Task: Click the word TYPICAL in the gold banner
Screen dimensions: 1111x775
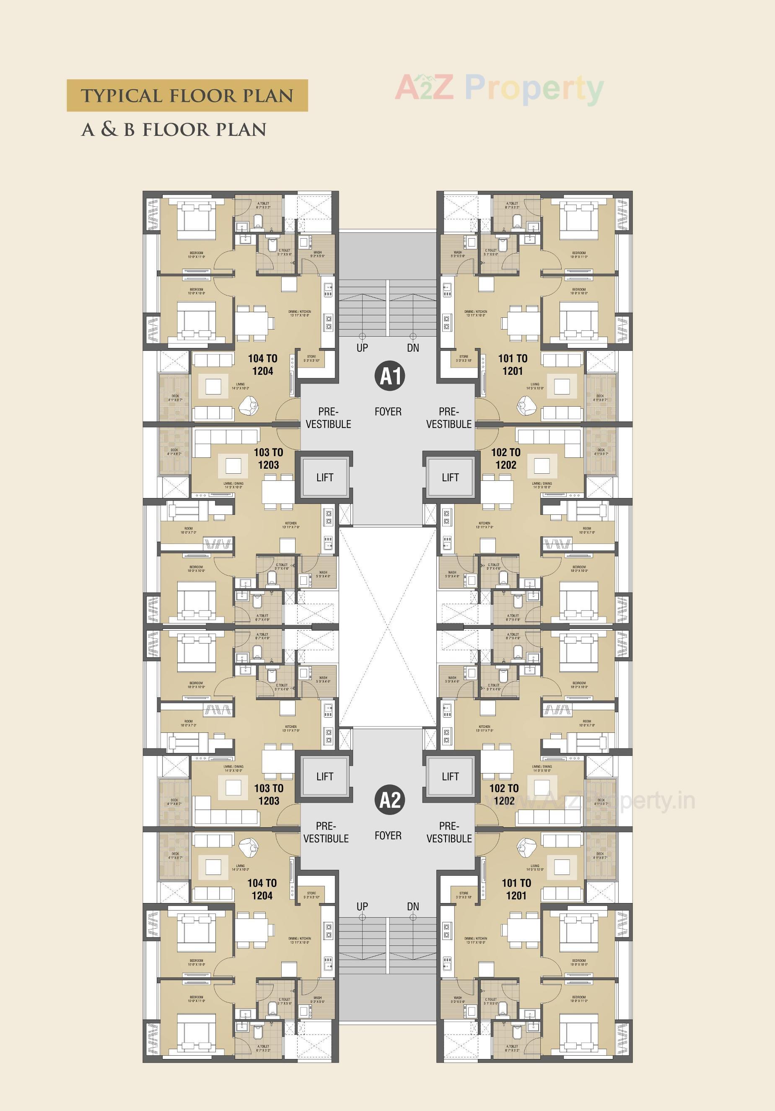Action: tap(122, 96)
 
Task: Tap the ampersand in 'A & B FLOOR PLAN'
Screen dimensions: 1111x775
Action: tap(109, 129)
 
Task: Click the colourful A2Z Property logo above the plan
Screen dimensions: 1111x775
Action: tap(499, 88)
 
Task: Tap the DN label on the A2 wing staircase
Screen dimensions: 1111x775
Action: tap(413, 906)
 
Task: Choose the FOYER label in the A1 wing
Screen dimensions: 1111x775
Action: tap(388, 412)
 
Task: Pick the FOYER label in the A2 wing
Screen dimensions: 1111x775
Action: tap(388, 836)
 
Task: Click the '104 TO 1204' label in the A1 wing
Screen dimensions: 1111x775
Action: tap(263, 365)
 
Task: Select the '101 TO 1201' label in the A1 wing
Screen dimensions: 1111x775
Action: tap(513, 365)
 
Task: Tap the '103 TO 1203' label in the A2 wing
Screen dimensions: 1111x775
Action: tap(269, 794)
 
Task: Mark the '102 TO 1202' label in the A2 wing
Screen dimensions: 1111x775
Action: tap(504, 794)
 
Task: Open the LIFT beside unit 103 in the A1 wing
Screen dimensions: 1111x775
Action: tap(324, 478)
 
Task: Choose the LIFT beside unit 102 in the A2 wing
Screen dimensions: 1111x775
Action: tap(450, 776)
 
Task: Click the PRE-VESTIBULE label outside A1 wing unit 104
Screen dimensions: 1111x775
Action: tap(328, 418)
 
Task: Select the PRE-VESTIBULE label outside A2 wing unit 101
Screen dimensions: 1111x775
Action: tap(449, 832)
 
